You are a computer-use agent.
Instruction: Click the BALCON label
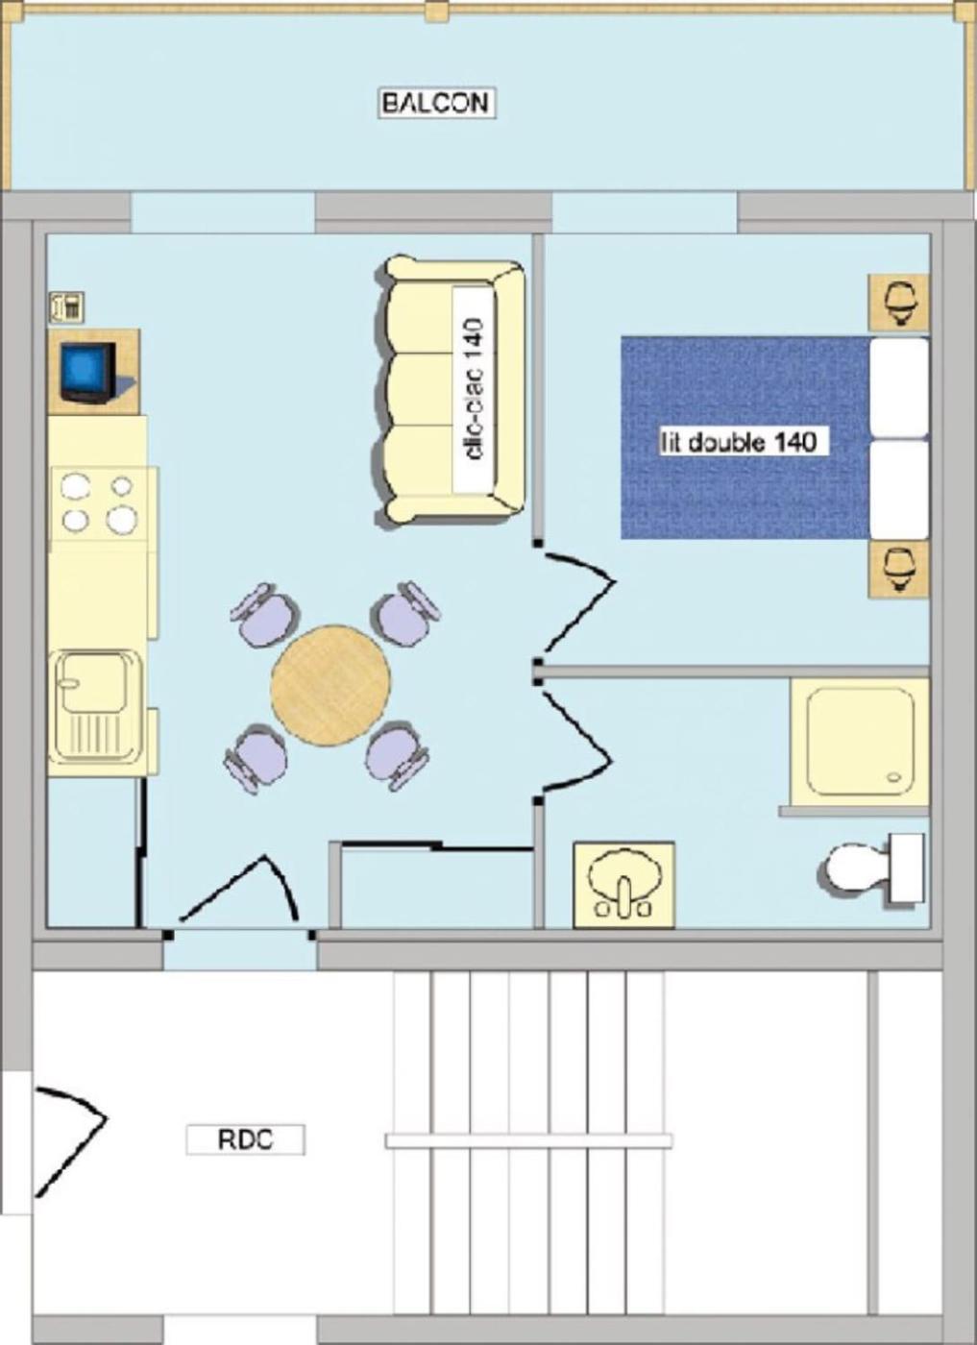click(x=437, y=104)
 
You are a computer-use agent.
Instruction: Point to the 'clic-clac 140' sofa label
click(x=475, y=388)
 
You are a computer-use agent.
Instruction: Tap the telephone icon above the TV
click(x=66, y=306)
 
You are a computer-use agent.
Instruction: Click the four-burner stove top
click(x=100, y=503)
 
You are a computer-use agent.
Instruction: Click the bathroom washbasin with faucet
click(x=623, y=885)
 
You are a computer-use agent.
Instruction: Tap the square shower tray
click(x=860, y=742)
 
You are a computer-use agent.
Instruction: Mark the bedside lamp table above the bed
click(x=899, y=304)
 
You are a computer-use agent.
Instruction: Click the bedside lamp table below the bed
click(x=899, y=569)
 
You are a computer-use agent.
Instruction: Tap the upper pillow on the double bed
click(x=899, y=387)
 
